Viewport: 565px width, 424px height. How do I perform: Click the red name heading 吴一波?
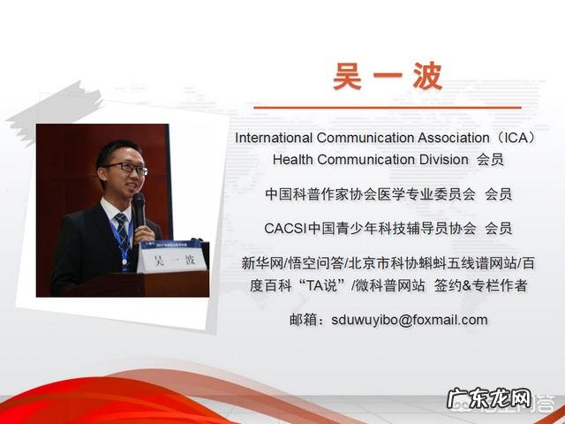click(388, 76)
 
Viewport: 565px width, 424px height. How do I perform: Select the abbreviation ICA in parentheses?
click(514, 138)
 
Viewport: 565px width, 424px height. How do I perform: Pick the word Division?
click(438, 160)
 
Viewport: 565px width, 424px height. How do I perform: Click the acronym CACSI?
click(282, 228)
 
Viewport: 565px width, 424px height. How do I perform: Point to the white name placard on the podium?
click(171, 260)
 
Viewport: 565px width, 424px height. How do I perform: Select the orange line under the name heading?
click(388, 108)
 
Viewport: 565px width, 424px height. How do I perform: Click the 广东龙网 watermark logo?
click(489, 400)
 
